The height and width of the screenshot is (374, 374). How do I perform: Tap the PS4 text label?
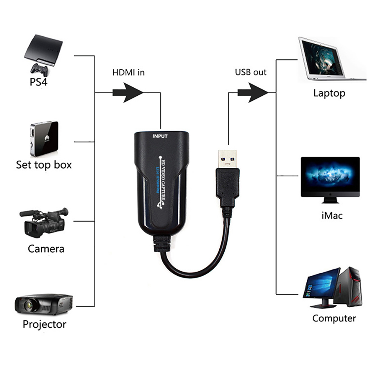pos(38,82)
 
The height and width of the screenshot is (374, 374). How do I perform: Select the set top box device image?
pos(44,138)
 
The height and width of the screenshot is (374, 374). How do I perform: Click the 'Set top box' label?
pos(44,164)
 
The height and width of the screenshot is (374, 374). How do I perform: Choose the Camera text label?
pos(46,248)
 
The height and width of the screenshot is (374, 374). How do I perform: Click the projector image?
pos(43,303)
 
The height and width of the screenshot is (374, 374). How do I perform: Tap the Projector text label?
pos(44,324)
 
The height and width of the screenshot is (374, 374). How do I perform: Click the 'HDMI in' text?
pos(128,72)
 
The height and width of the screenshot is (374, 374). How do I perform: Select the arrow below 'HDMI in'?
pos(128,92)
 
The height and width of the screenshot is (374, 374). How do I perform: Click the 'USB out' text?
pos(251,72)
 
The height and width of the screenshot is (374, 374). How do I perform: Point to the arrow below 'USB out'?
pos(253,92)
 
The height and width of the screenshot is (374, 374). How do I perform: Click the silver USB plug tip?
pos(227,158)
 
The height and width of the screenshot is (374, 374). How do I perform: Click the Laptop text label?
pos(329,93)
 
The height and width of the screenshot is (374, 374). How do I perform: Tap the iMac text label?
pos(331,216)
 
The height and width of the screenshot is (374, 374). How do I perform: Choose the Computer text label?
pos(334,318)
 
